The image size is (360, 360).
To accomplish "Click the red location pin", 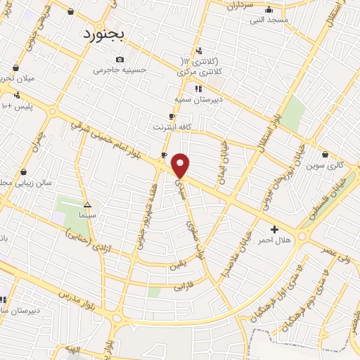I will click(181, 165).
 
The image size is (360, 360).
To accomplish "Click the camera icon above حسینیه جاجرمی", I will click(120, 59).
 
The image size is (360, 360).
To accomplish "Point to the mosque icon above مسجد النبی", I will click(268, 10).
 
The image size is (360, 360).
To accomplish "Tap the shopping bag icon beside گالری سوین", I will click(325, 154).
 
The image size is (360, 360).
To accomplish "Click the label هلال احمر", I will click(274, 241).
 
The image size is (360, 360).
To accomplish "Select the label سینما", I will click(88, 213).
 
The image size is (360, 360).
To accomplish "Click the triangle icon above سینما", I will click(87, 202).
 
